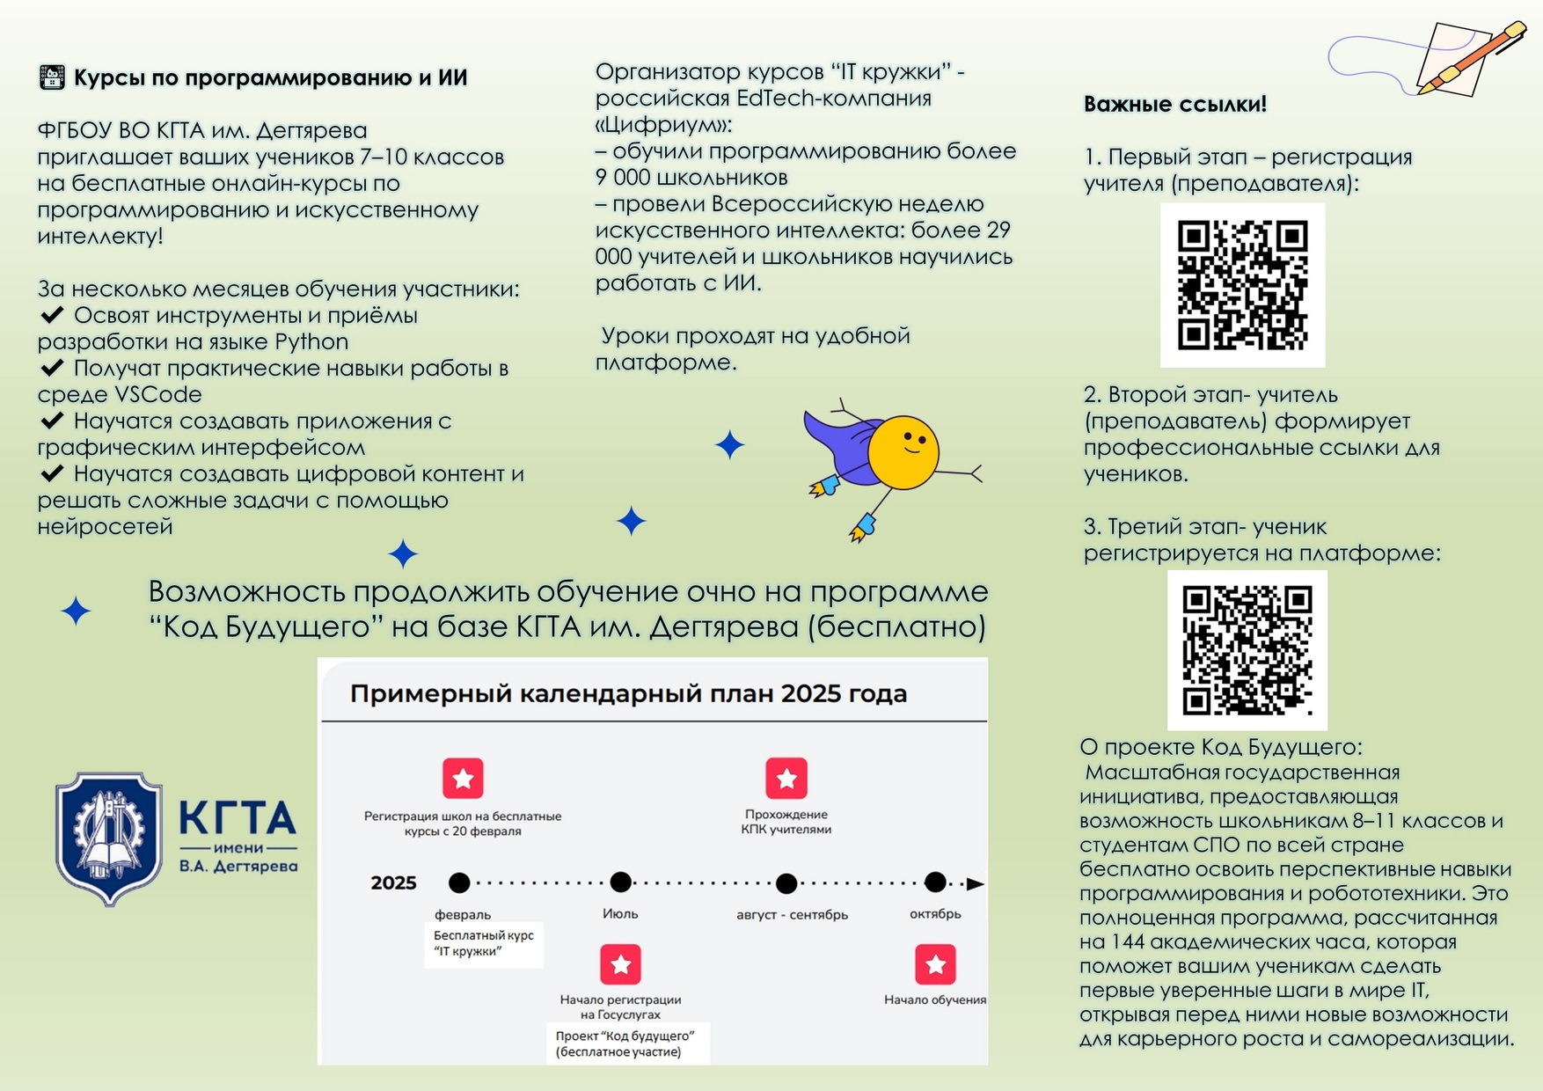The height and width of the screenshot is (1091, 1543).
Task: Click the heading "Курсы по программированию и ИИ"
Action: pos(270,77)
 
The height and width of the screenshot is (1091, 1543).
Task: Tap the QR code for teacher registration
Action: pos(1242,285)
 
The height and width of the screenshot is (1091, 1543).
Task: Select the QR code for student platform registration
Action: pos(1247,650)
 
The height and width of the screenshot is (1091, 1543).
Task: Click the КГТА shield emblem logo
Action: pos(109,839)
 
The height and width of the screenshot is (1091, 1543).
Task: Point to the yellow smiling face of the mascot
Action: pos(903,452)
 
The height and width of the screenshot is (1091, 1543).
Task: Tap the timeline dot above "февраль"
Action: pos(459,882)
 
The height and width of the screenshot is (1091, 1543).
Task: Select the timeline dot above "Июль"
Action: pos(621,882)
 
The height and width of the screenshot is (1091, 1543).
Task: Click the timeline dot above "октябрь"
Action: pos(935,882)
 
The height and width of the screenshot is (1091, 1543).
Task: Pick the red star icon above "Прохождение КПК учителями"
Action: pos(786,778)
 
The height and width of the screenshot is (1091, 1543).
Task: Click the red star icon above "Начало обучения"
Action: pos(935,964)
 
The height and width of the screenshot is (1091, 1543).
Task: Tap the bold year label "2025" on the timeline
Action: pos(393,883)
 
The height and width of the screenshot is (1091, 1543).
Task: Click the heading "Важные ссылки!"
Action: pos(1175,104)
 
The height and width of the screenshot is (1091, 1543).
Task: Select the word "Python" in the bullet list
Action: pos(311,341)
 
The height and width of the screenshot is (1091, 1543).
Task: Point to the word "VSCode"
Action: pos(158,394)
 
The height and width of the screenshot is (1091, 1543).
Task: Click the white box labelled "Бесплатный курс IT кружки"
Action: pos(484,944)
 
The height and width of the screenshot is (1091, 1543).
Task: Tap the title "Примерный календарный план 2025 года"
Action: pos(628,693)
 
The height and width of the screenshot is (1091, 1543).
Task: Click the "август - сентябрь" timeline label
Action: pos(793,914)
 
